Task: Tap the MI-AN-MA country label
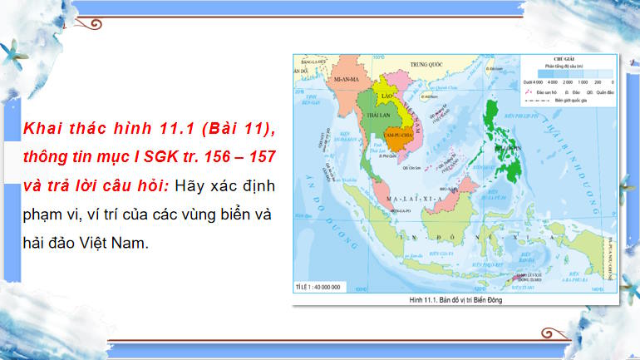(343, 77)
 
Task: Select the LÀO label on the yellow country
(386, 96)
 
